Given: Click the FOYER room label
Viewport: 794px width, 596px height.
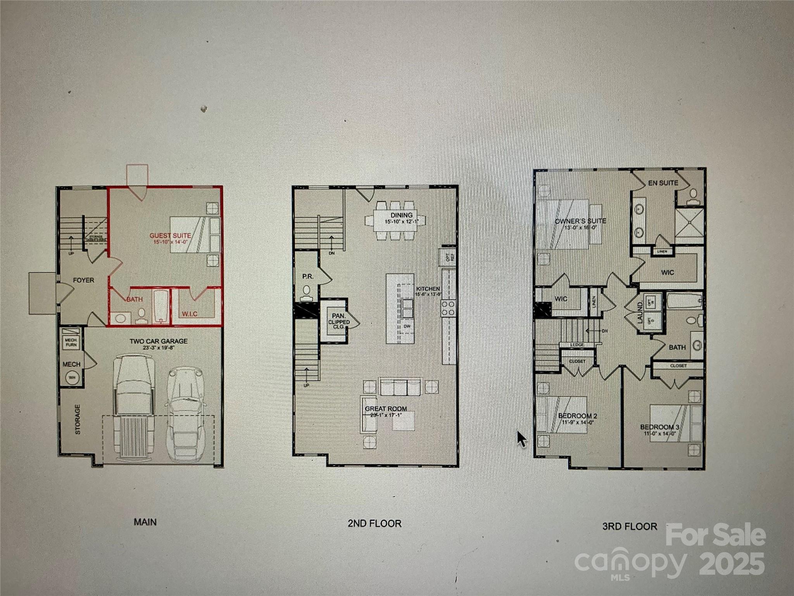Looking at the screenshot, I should [x=83, y=280].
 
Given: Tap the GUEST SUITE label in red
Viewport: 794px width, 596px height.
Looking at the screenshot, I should [x=170, y=236].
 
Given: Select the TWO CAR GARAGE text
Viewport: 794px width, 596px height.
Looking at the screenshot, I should [x=159, y=341].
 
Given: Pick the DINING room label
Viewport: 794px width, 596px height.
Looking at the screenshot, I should [x=401, y=215].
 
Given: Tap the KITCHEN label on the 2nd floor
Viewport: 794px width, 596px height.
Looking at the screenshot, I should [x=428, y=289].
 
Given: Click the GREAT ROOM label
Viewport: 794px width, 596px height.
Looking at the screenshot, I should [x=386, y=409].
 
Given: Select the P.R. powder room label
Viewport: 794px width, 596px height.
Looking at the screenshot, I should [x=307, y=277].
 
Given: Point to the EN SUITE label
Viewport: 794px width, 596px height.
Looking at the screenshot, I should [x=663, y=183].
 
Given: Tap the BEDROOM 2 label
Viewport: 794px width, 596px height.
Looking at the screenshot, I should [x=577, y=416].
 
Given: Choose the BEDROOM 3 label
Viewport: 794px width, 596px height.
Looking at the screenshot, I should [x=659, y=427].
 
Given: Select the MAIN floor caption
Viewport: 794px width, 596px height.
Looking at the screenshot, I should [x=145, y=522].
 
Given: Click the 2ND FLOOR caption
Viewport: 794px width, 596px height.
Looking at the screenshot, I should [x=374, y=523].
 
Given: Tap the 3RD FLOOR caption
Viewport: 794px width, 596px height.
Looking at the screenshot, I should [x=630, y=527].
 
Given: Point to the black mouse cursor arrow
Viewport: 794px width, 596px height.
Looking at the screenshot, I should [x=521, y=439].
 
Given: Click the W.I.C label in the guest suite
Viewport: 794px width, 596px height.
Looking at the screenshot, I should [x=190, y=314].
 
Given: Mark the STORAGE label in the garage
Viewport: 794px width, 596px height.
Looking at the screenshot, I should [x=78, y=419].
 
